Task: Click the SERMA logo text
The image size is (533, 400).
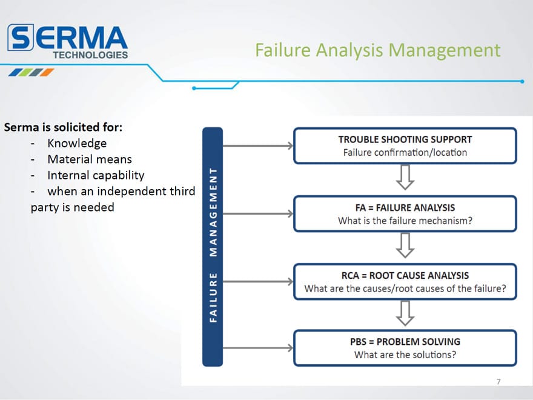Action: [67, 37]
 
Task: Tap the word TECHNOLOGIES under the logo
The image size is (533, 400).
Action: [90, 55]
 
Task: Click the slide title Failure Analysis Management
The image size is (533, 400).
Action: [378, 50]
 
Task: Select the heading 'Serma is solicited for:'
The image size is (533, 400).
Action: [63, 127]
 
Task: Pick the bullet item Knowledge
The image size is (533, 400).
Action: [77, 143]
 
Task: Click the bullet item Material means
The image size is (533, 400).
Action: [90, 159]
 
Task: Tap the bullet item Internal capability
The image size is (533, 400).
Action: [96, 175]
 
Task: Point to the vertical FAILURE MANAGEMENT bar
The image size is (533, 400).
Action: [213, 247]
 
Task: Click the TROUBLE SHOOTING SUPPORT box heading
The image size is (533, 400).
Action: [405, 139]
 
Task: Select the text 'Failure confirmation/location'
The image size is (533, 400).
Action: [405, 152]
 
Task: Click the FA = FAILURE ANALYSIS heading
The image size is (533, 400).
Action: [405, 207]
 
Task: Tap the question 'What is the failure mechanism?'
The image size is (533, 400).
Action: [405, 221]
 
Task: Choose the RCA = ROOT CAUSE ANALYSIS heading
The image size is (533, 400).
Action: [405, 275]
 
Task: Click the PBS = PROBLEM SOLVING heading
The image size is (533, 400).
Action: [405, 341]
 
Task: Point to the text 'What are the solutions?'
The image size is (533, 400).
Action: [405, 355]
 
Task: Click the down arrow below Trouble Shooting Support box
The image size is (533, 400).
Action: [405, 177]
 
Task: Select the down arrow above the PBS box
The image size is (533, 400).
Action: [405, 313]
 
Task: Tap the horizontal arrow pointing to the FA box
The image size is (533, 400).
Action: [258, 213]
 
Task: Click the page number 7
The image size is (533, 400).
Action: [498, 382]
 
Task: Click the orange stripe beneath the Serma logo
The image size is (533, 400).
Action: [47, 72]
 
